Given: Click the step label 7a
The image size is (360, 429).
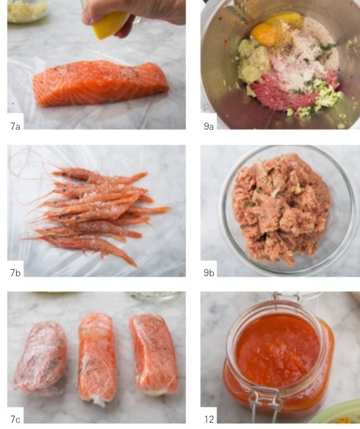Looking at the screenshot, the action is click(x=15, y=126).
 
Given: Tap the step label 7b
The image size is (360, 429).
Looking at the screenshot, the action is click(x=15, y=273).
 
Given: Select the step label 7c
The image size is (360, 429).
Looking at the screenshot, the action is click(x=15, y=419).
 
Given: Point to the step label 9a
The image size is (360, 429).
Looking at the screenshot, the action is click(x=209, y=126).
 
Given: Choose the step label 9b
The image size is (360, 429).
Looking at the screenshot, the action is click(x=209, y=273).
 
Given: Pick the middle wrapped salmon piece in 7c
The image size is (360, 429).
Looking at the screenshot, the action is click(x=96, y=359).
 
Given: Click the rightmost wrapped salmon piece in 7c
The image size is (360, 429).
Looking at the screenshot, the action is click(x=154, y=354).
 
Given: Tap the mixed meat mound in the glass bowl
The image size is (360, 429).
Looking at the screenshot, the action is click(x=282, y=209).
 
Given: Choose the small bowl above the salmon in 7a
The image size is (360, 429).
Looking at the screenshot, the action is click(x=27, y=11).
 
